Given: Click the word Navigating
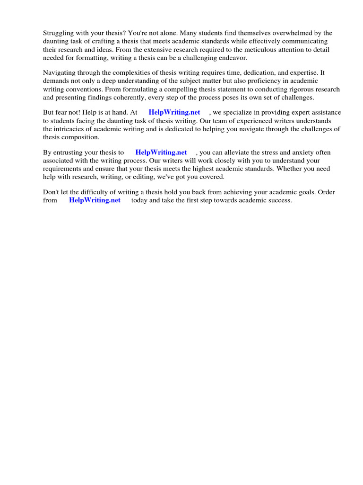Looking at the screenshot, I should pos(60,73).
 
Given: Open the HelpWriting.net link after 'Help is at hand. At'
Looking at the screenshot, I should pos(174,113).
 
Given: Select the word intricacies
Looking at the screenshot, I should pos(70,129).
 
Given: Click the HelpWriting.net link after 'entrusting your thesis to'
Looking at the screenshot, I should pos(161,153).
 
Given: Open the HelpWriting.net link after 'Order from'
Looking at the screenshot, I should pos(95,200).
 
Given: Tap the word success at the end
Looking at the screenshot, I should pos(280,200).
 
